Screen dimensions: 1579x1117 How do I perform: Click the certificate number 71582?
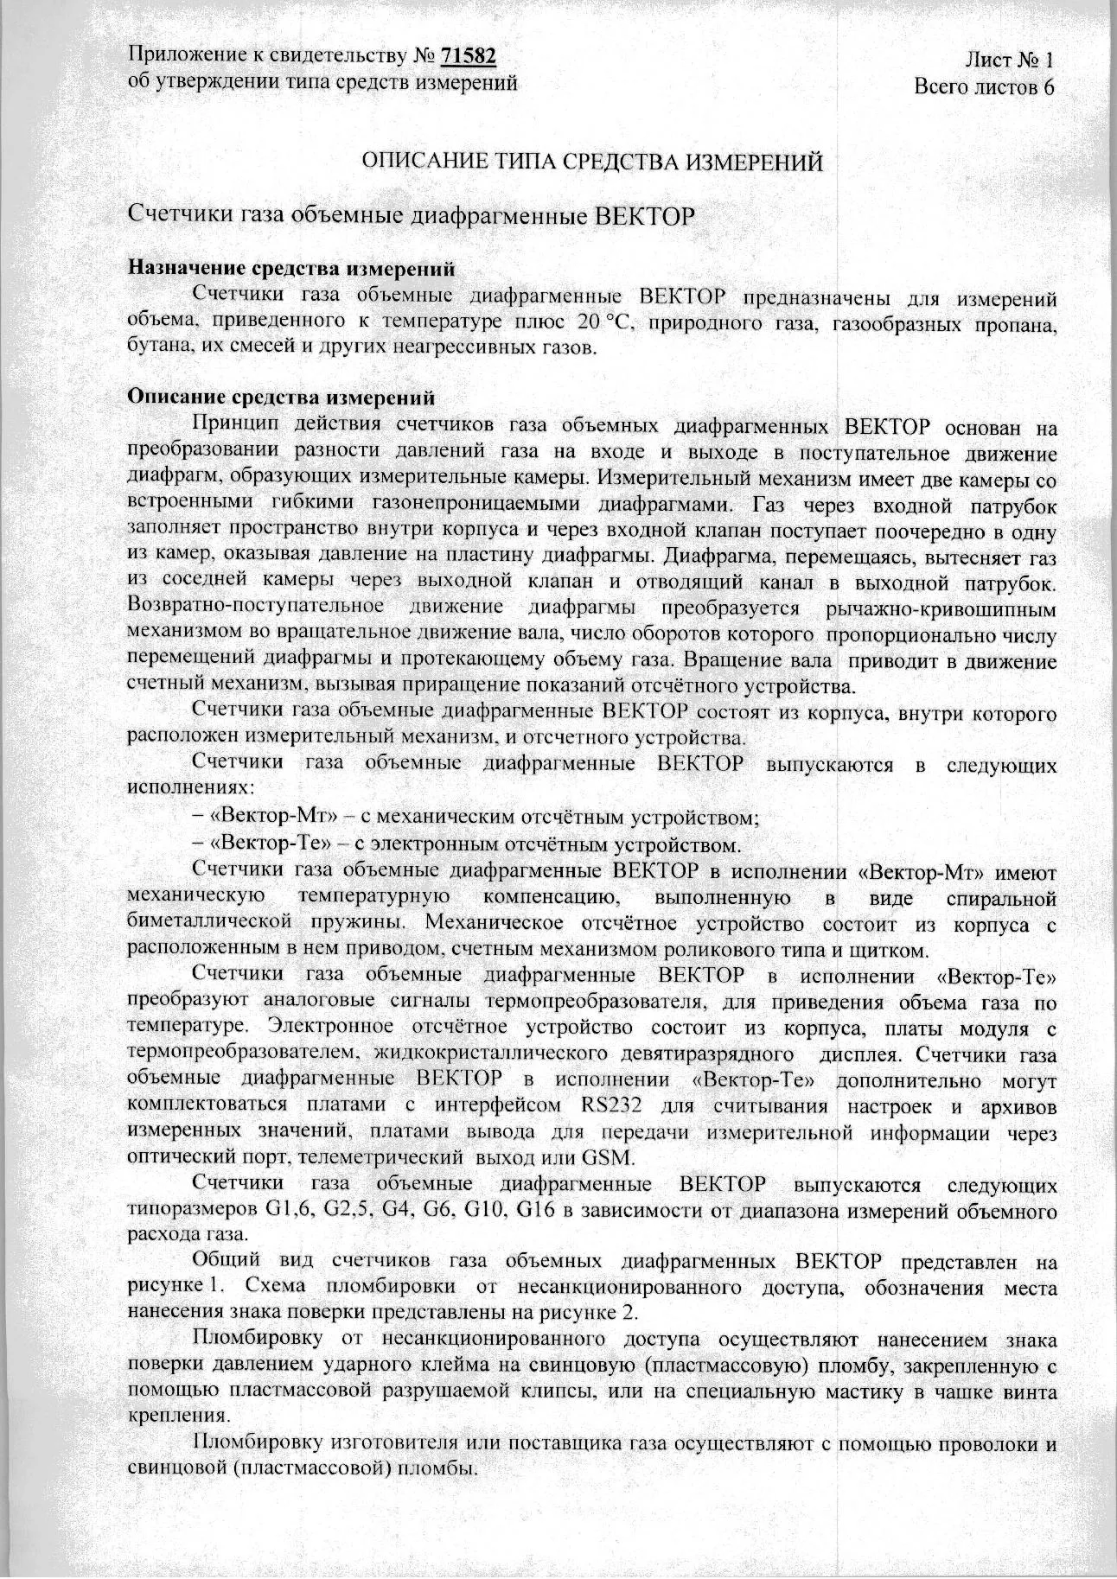(x=469, y=56)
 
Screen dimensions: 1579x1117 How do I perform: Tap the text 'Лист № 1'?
(x=1009, y=60)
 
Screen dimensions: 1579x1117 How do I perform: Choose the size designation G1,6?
(x=290, y=1208)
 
